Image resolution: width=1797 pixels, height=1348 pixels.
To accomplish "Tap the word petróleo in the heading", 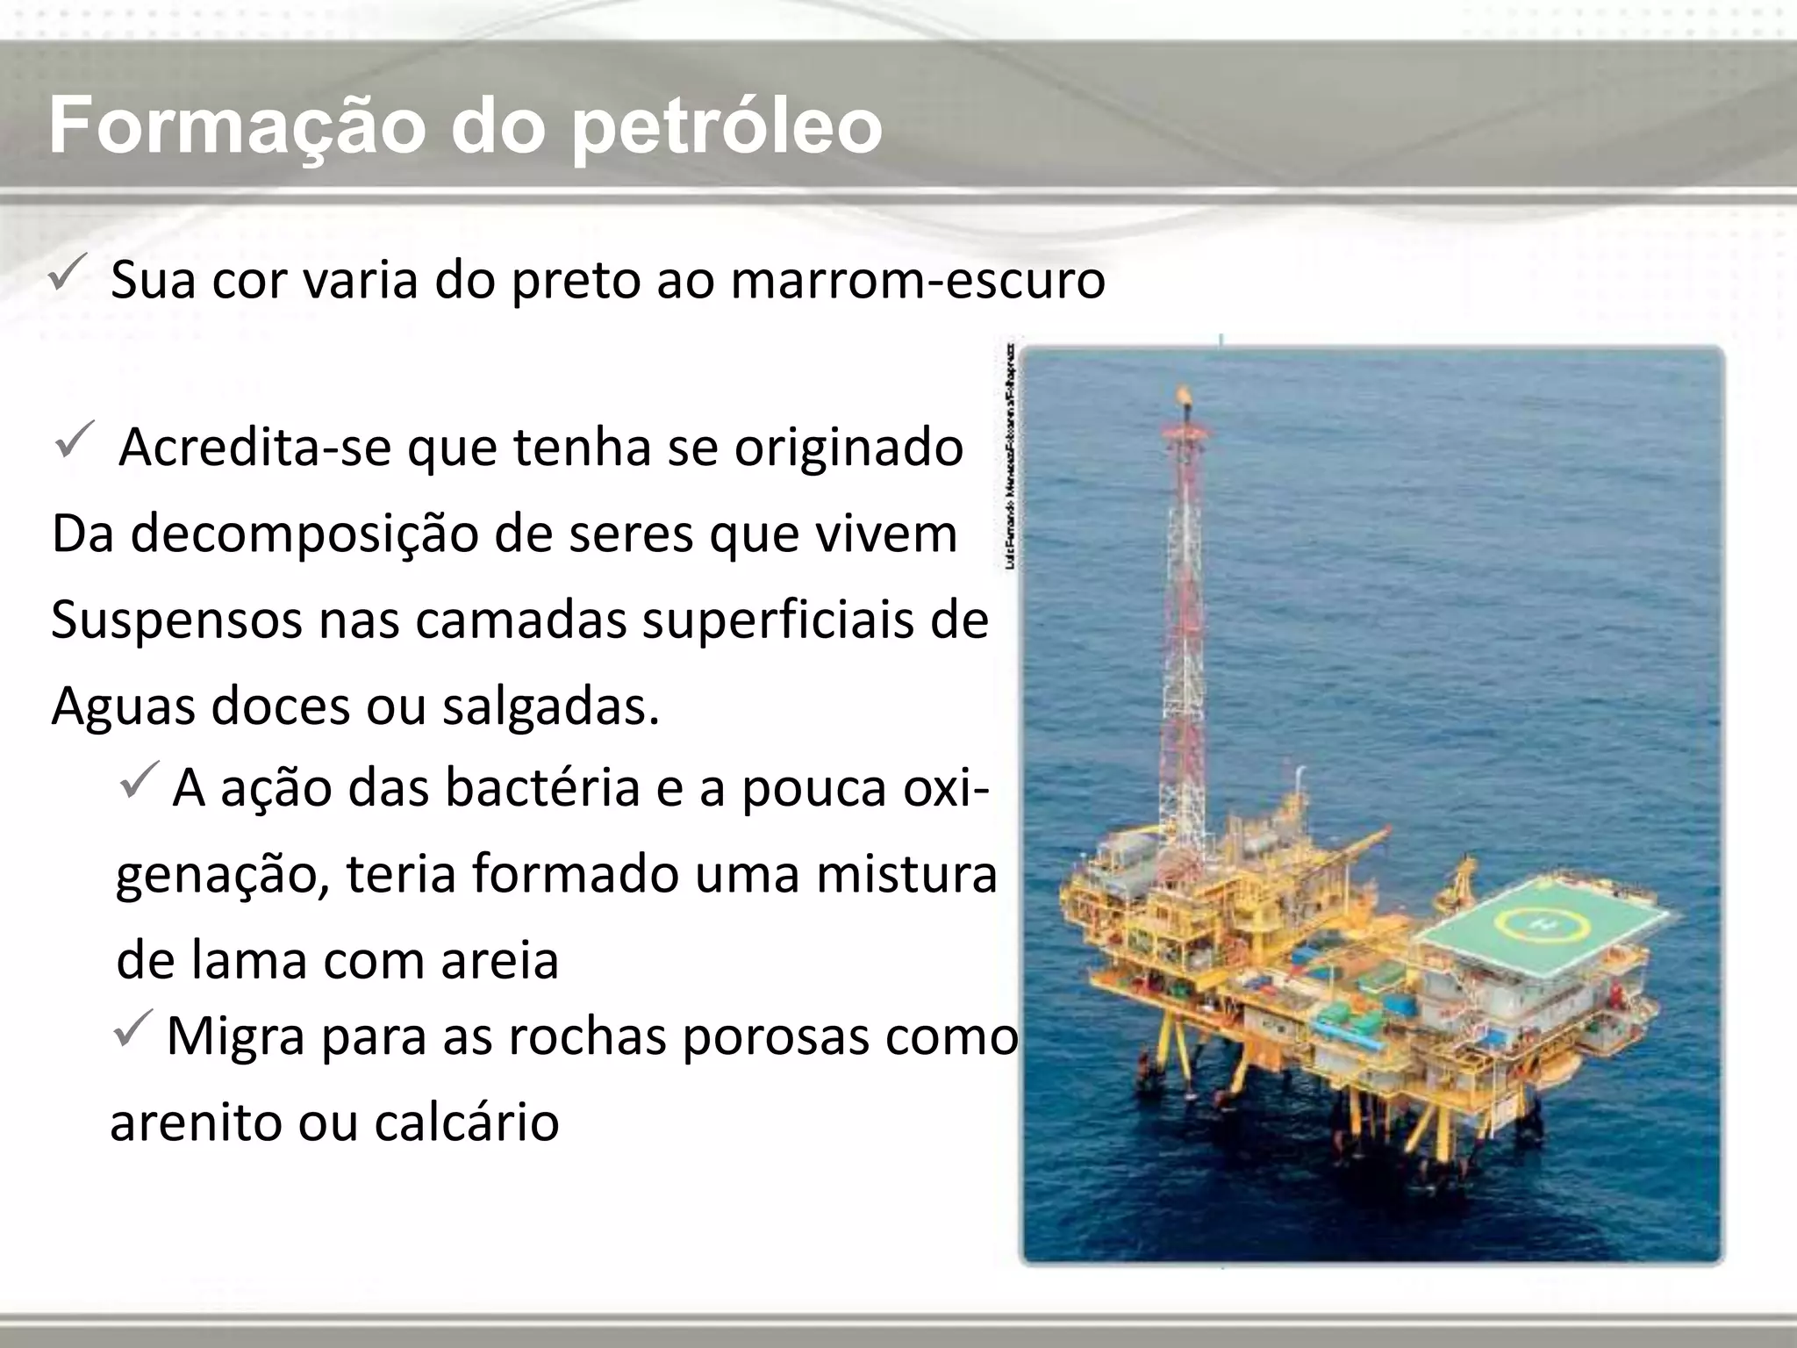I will [726, 127].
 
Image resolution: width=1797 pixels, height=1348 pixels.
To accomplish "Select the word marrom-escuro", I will [917, 280].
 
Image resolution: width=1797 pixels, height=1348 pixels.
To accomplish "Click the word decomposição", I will [304, 533].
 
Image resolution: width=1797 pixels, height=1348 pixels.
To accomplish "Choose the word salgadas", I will [550, 706].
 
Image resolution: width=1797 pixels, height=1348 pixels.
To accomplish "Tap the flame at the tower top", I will [1186, 398].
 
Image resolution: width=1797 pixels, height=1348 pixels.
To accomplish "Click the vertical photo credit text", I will [1011, 456].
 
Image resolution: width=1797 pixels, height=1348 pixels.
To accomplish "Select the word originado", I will [848, 447].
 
